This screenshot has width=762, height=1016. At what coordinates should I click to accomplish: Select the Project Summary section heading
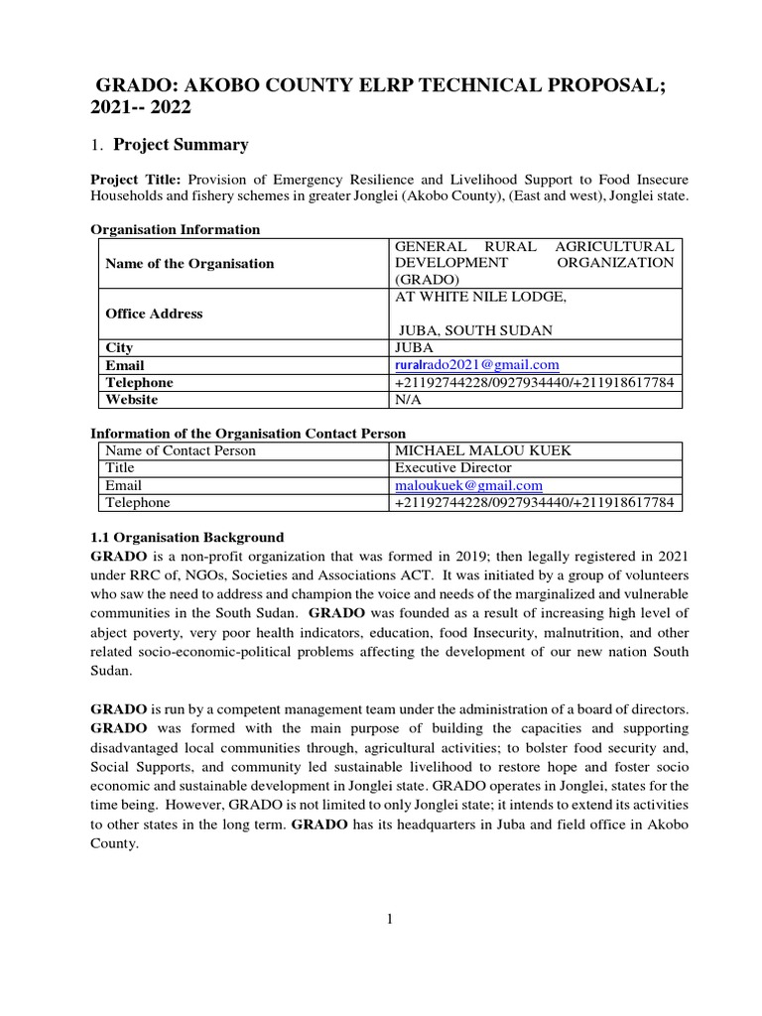coord(181,145)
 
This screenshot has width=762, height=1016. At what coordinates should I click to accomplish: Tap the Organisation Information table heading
coord(176,229)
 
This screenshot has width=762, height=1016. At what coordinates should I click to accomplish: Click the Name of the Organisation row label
coord(190,264)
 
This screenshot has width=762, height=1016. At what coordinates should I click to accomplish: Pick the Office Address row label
coord(154,314)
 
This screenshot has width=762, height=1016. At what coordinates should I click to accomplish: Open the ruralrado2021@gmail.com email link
coord(477,365)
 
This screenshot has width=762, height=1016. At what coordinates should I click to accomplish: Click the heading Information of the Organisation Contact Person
coord(248,434)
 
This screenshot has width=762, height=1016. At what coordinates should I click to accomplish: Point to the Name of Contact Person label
coord(181,451)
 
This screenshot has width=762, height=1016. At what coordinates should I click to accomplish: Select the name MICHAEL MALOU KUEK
coord(483,451)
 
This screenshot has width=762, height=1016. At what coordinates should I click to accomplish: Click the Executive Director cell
coord(453,468)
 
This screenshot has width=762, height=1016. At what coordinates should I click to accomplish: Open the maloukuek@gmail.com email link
coord(468,485)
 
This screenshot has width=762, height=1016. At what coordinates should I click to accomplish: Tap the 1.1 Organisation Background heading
coord(188,537)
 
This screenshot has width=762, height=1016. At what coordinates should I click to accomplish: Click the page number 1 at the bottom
coord(390,919)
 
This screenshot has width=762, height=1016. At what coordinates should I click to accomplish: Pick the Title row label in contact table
coord(120,468)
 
